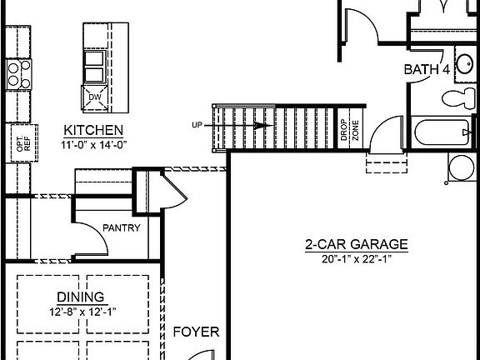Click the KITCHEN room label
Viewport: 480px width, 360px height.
coord(94,130)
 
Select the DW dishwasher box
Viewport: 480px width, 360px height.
coord(93,98)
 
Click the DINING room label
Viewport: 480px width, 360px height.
coord(81,297)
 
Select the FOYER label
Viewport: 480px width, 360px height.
coord(196,332)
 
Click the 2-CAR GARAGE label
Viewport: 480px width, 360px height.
coord(356,245)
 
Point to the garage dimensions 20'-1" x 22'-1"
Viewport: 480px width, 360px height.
coord(356,259)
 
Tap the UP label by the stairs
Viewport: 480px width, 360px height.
coord(197,125)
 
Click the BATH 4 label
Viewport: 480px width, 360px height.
coord(427,70)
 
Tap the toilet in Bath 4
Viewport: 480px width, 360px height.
coord(457,101)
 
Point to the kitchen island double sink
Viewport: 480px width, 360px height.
coord(93,67)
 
